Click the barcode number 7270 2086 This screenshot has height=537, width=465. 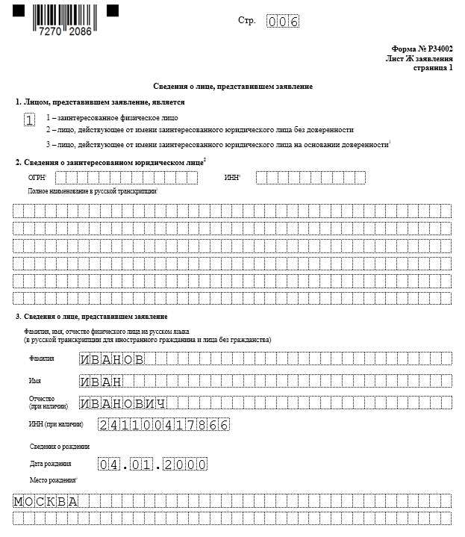(x=67, y=34)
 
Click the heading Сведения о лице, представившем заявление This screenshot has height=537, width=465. (x=233, y=87)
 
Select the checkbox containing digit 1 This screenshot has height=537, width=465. (x=29, y=119)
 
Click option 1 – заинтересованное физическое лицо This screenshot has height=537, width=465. (x=112, y=118)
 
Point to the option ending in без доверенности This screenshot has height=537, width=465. (x=199, y=130)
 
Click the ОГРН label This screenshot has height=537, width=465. (x=37, y=178)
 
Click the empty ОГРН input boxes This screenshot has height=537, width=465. (x=126, y=178)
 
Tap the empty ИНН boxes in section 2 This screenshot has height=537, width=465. (x=310, y=178)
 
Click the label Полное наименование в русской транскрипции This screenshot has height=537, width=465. (x=93, y=192)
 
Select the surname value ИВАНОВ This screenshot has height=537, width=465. (x=111, y=359)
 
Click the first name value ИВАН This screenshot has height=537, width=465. (x=101, y=382)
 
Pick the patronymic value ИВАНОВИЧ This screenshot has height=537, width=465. (x=122, y=403)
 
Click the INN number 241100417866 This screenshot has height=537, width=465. (x=163, y=425)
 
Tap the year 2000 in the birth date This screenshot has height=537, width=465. (x=185, y=465)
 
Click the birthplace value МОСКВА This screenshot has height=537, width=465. (x=46, y=500)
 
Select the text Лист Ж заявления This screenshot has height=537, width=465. (x=419, y=58)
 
